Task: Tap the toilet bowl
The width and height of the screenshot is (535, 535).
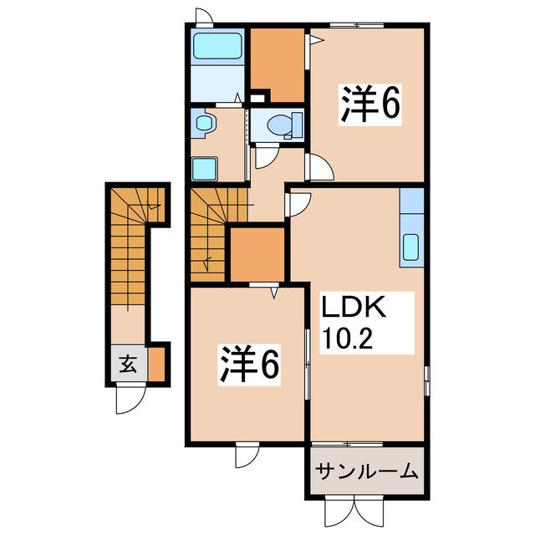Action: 281,126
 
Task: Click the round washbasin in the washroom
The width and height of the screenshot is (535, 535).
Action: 203,125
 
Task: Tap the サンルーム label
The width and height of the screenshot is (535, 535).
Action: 365,472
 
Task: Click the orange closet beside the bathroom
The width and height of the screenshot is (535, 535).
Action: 278,64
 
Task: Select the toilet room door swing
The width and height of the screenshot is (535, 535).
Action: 267,157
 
